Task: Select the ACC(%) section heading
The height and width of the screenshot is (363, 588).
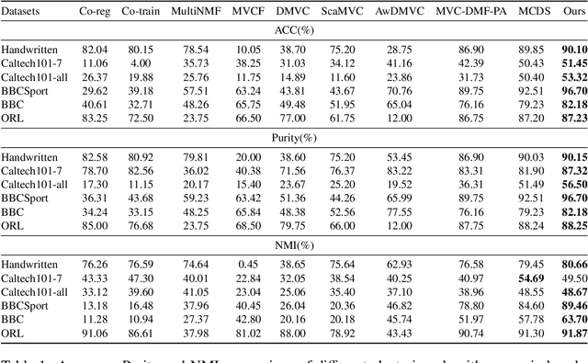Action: pos(294,30)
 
